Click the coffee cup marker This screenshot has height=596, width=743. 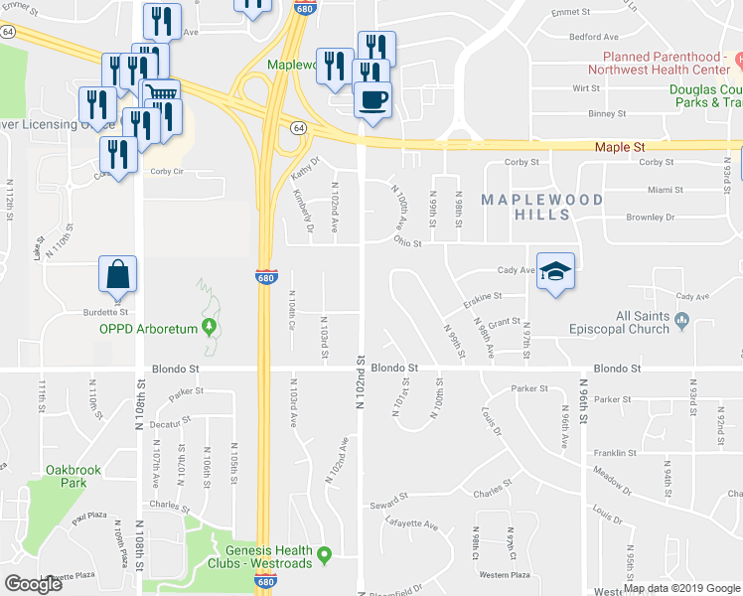tap(372, 100)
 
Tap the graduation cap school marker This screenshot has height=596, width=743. tap(556, 270)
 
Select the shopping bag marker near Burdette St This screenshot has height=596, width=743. tap(117, 274)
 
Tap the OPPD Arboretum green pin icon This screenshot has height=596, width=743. tap(209, 327)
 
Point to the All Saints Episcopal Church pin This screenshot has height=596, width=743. tap(681, 319)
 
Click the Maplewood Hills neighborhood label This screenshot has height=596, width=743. tap(541, 207)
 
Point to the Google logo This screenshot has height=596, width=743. tap(33, 584)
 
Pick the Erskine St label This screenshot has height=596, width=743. tap(481, 296)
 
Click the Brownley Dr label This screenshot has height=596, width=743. tap(650, 217)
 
